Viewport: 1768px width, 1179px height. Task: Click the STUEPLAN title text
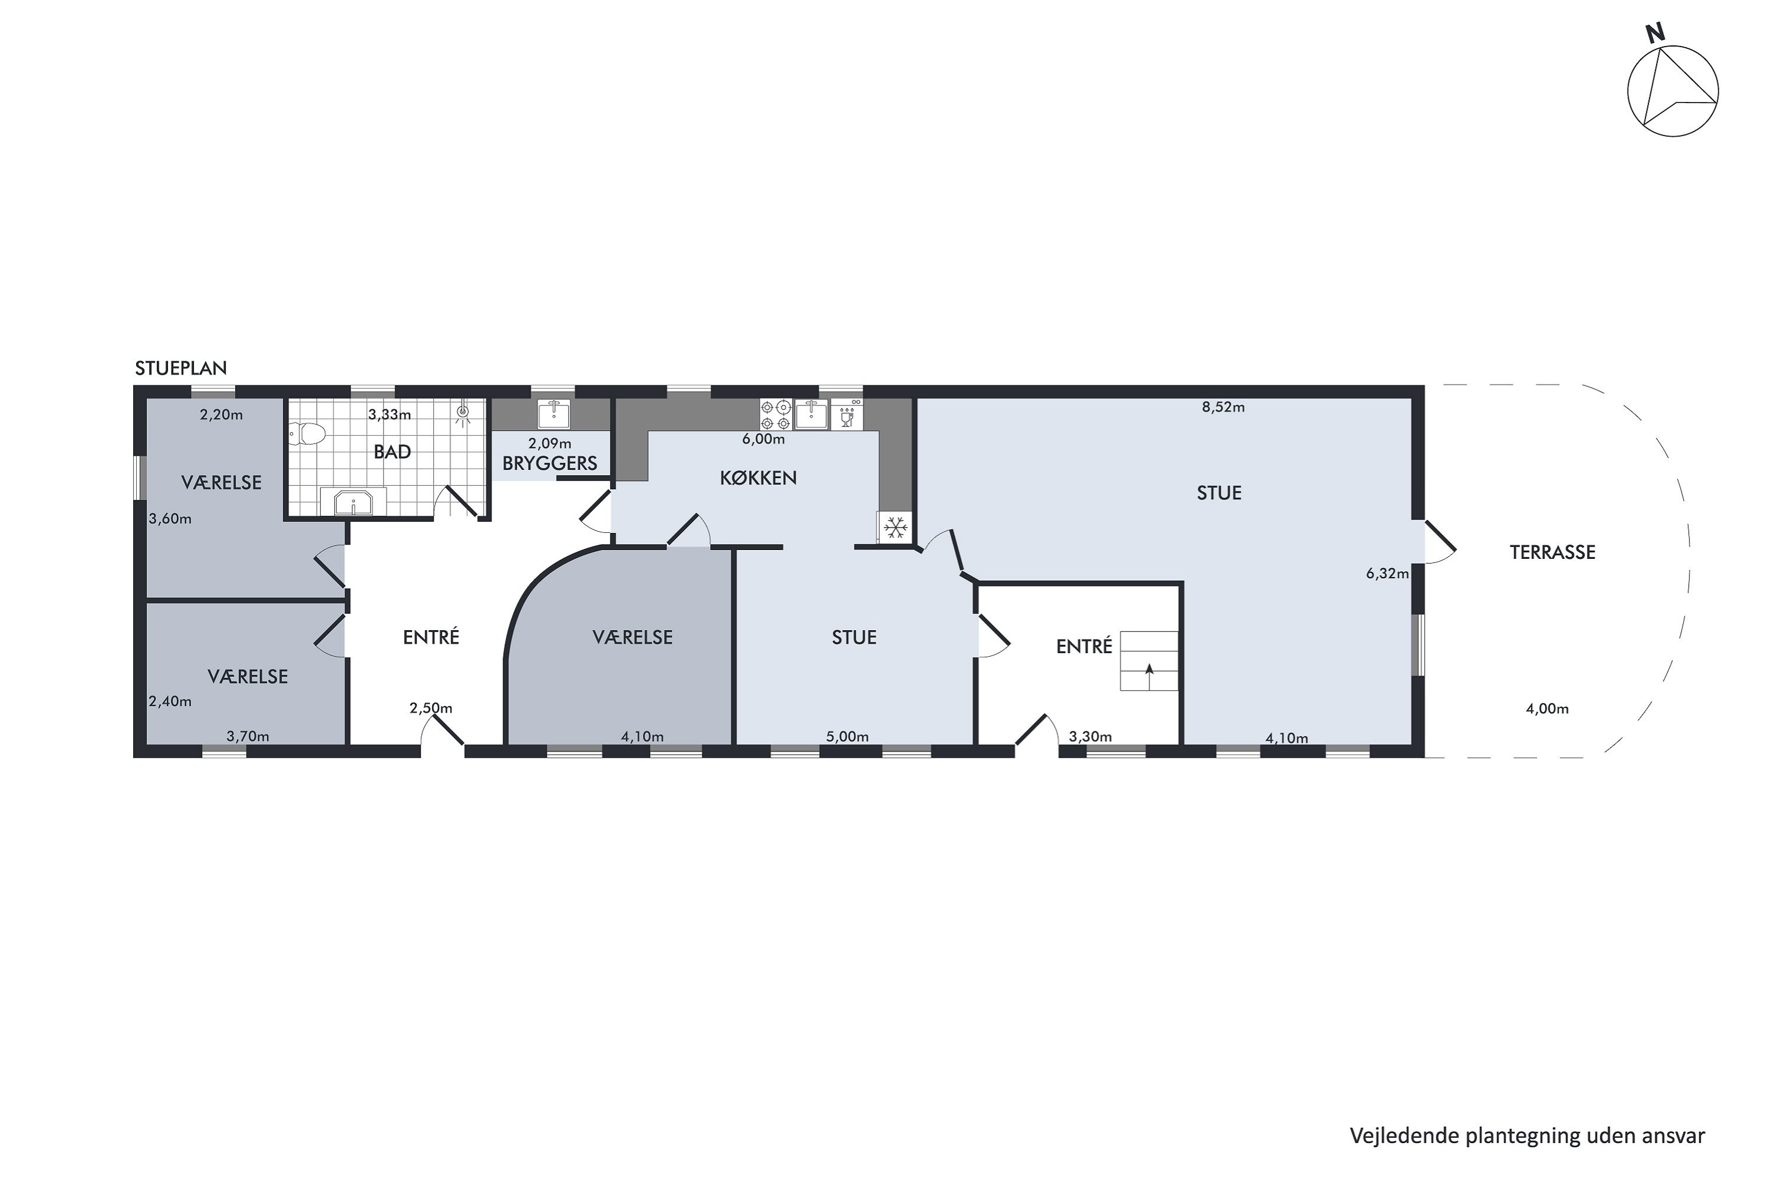point(180,368)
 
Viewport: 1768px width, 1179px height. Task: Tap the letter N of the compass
point(1654,34)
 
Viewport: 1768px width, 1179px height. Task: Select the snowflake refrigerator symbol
point(895,528)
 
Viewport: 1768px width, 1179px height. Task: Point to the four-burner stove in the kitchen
point(776,414)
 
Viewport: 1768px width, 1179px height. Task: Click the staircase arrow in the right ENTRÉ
point(1149,671)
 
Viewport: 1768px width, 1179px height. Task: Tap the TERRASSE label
point(1552,553)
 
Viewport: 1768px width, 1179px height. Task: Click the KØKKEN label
point(758,478)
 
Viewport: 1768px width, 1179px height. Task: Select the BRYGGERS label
point(549,464)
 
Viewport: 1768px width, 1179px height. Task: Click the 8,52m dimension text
point(1223,407)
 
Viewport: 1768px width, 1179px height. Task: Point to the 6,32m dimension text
point(1387,574)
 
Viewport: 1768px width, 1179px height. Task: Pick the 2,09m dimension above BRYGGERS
point(549,444)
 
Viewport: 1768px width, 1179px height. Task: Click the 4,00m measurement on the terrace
point(1547,709)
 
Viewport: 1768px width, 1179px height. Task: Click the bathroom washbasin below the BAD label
point(353,502)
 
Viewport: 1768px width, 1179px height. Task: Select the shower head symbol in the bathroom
point(463,412)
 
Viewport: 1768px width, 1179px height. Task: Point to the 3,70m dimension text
point(248,736)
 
